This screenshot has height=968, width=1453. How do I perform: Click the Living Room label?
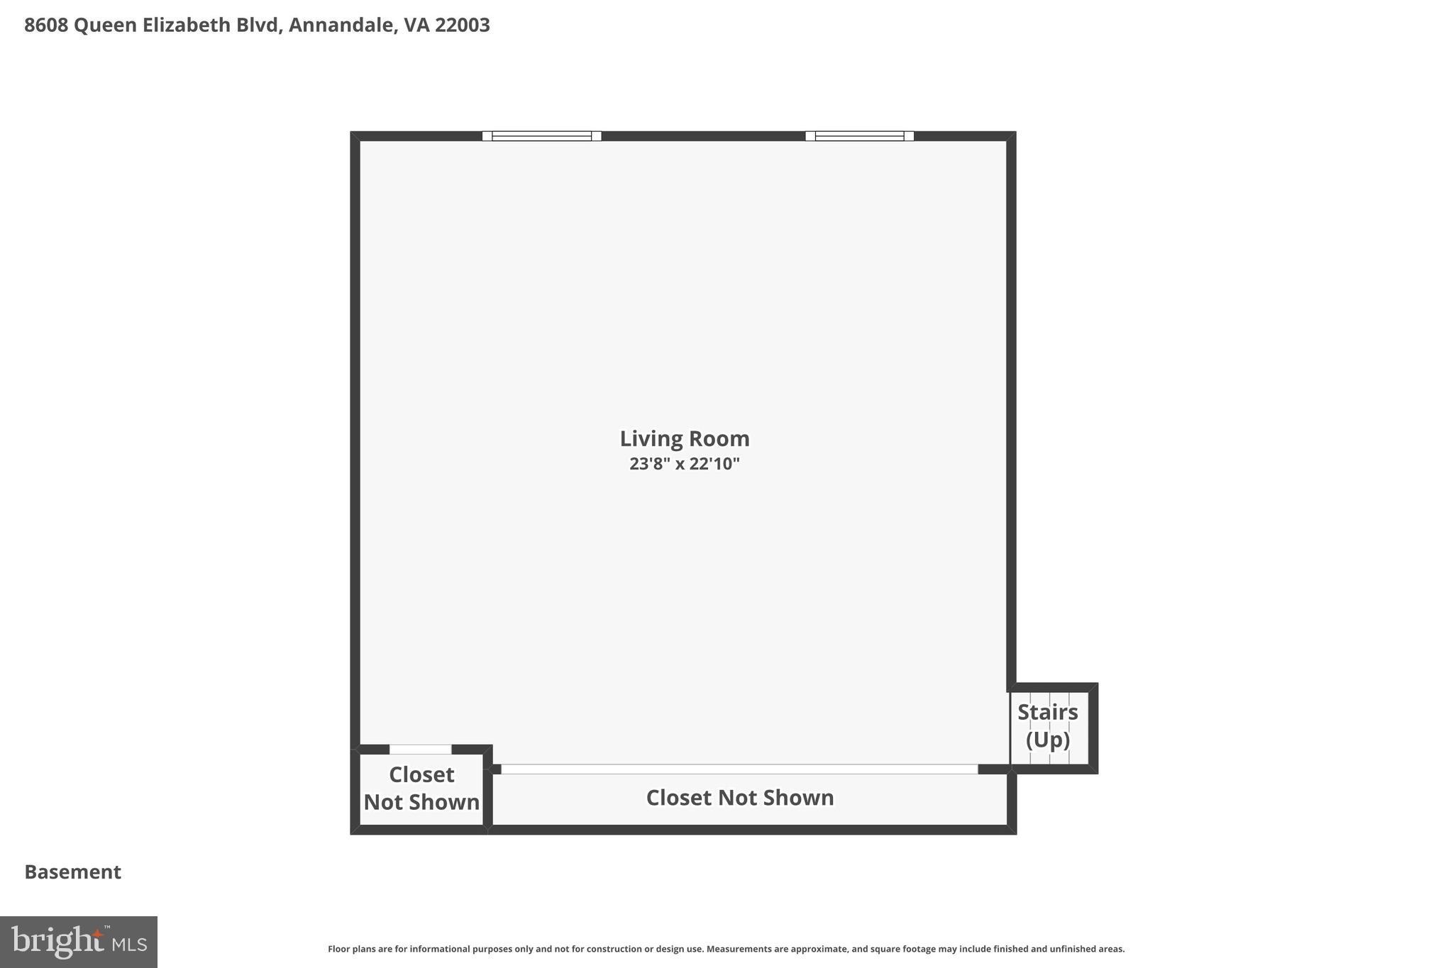point(684,439)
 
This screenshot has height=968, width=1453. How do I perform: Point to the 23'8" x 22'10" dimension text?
point(684,464)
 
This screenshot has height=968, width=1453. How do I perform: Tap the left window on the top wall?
point(541,136)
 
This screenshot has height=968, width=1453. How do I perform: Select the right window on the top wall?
point(859,136)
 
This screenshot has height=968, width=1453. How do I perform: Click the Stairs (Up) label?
point(1048,725)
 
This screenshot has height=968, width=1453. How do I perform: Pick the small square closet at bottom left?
point(421,789)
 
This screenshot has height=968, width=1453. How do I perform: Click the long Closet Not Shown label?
point(739,798)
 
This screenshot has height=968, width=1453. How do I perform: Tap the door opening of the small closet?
point(420,750)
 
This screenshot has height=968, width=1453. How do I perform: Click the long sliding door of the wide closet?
point(739,769)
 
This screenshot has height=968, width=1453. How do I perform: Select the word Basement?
point(73,872)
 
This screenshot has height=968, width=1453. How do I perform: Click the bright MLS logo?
point(79,942)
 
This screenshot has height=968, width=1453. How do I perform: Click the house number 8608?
point(46,26)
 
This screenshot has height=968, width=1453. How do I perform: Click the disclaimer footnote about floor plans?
point(726,949)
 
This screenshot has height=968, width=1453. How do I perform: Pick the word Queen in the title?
point(105,26)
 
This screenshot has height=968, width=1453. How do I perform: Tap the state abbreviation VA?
point(416,26)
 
